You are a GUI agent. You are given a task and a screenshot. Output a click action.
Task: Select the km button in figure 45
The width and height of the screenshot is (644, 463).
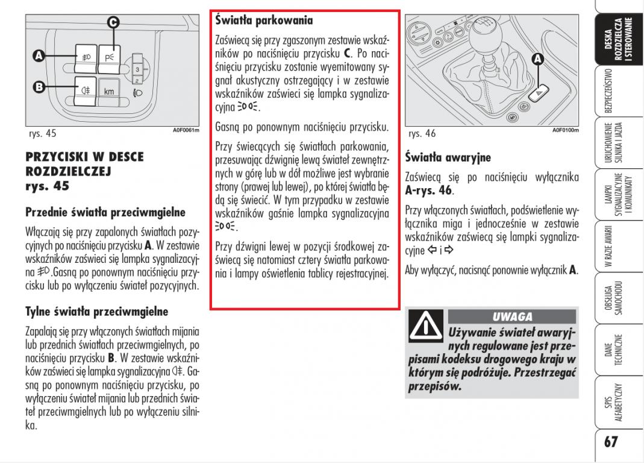pos(109,92)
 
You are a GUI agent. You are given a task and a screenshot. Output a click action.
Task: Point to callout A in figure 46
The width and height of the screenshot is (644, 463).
pos(537,58)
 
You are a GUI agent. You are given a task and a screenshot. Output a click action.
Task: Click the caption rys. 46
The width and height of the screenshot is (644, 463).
pos(422,133)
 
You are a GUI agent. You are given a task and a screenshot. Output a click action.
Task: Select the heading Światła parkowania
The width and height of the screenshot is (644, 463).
pos(264,21)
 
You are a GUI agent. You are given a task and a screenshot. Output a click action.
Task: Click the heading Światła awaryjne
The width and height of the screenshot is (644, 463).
pos(448,158)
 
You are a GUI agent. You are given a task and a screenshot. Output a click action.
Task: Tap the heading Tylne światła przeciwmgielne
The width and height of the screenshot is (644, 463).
pos(96,312)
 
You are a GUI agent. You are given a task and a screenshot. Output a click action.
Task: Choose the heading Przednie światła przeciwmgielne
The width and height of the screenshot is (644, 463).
pos(105,212)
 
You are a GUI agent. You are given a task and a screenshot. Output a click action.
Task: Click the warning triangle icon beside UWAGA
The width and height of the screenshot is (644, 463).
pos(425,326)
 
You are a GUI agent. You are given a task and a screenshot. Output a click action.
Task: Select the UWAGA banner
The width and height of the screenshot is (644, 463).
pos(512,317)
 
